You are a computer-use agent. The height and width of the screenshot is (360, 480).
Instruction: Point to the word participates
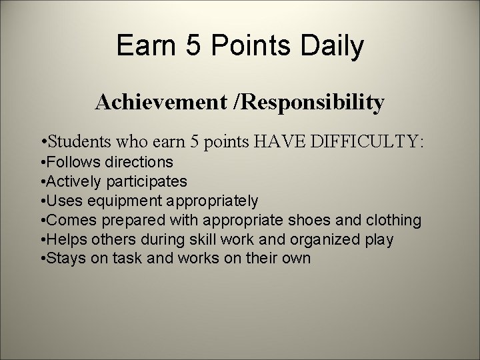[145, 181]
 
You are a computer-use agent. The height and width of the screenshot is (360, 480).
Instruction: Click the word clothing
[397, 219]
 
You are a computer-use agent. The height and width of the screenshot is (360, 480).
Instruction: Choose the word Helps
[68, 239]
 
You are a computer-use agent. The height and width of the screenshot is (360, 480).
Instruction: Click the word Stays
[67, 258]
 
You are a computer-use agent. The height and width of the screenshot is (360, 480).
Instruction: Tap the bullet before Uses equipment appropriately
[43, 200]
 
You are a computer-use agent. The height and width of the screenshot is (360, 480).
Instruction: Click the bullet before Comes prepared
[43, 219]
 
